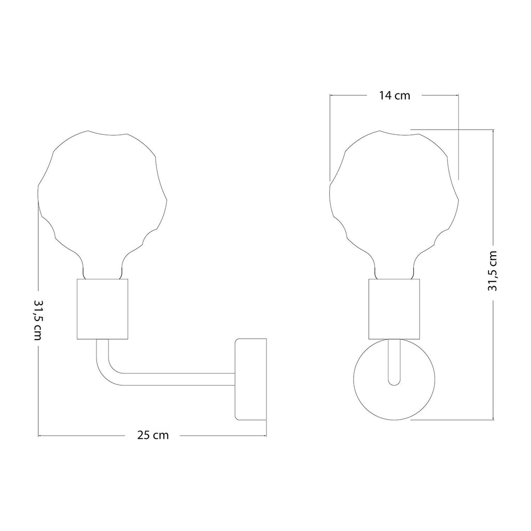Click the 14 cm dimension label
pyautogui.click(x=395, y=95)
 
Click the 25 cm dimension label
pyautogui.click(x=153, y=435)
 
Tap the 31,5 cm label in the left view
pyautogui.click(x=38, y=320)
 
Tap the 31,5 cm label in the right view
pyautogui.click(x=493, y=271)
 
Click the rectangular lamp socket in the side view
pyautogui.click(x=102, y=309)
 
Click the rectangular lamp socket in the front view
pyautogui.click(x=394, y=309)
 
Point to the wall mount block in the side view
pyautogui.click(x=251, y=379)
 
